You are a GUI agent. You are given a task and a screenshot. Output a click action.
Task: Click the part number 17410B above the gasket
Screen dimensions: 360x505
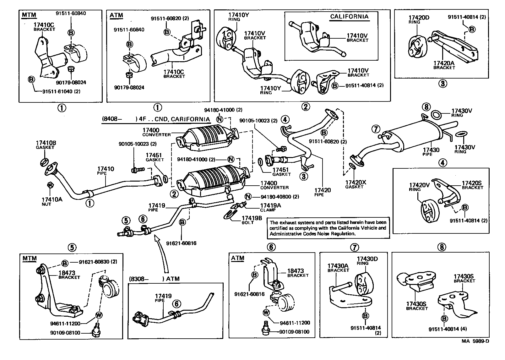coord(46,143)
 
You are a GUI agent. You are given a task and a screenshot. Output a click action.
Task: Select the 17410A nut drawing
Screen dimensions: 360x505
coord(49,184)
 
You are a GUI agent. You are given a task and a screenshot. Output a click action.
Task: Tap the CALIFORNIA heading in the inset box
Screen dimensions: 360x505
coord(349,17)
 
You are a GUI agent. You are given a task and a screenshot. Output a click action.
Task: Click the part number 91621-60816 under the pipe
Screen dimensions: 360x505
coord(182,243)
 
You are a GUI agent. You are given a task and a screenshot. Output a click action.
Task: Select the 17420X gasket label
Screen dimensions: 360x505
coord(356,183)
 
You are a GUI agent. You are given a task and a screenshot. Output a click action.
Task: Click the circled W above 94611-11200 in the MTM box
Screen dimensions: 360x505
coord(98,315)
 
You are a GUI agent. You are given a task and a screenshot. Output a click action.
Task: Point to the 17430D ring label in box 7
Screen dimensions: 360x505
coord(367,259)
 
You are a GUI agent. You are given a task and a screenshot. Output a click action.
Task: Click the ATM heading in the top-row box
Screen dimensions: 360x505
coord(116,15)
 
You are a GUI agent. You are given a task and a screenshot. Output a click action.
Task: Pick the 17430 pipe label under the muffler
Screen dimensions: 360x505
coord(431,150)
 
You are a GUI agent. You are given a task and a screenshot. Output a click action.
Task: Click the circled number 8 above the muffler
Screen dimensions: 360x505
coord(426,107)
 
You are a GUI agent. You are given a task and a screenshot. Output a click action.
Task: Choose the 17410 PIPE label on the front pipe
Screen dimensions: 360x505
coord(106,169)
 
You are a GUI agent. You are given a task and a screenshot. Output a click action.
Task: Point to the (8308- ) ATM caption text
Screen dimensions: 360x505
coord(154,279)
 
